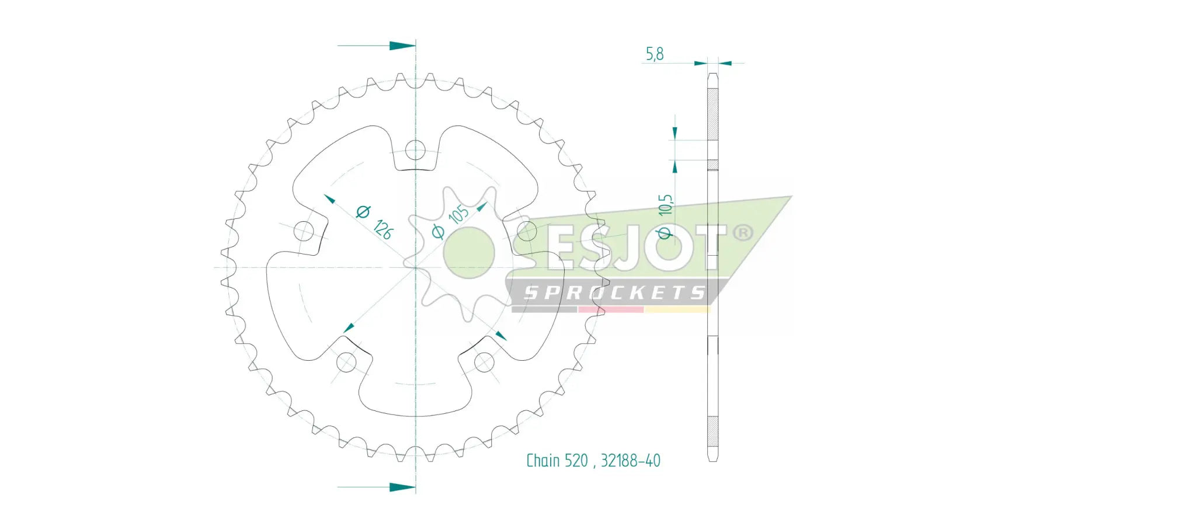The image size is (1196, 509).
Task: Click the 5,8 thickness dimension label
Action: [654, 54]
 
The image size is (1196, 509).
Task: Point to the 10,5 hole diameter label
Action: [665, 216]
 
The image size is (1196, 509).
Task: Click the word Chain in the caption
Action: [543, 461]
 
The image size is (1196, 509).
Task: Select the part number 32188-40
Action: [630, 461]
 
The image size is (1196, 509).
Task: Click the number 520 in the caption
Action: [576, 461]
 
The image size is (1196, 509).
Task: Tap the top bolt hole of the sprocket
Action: [415, 150]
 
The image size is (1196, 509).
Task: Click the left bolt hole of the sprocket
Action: [303, 231]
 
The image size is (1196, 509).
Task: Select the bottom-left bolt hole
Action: [346, 362]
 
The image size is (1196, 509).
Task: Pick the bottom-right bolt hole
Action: [484, 362]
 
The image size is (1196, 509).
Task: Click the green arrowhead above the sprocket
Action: [402, 46]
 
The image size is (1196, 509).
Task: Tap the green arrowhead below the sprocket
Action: [402, 487]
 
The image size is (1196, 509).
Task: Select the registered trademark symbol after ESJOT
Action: [742, 233]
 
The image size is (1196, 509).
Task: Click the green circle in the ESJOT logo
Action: [469, 252]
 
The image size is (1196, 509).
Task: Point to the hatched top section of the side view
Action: [712, 114]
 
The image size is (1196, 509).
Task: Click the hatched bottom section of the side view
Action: [712, 431]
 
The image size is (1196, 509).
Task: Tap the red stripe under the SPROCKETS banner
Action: [611, 309]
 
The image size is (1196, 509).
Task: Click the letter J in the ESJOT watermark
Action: [620, 248]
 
